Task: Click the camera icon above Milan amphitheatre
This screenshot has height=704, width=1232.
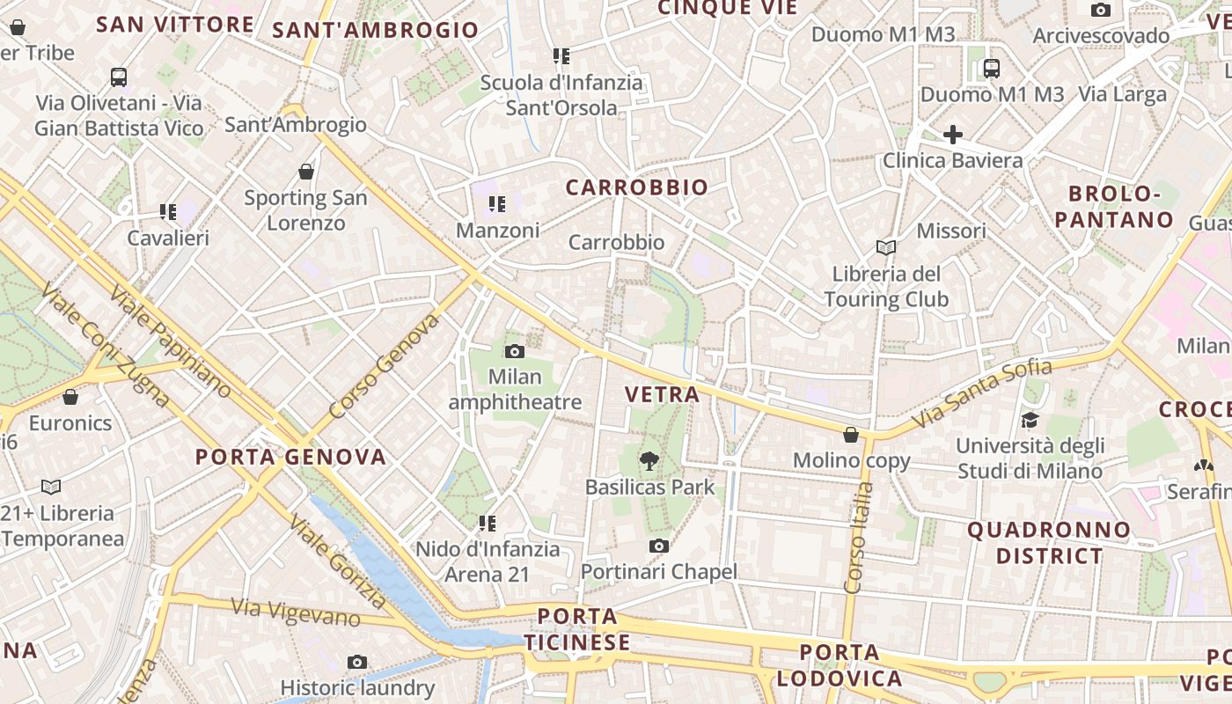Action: point(515,352)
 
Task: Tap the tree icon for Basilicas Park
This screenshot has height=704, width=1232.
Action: point(649,460)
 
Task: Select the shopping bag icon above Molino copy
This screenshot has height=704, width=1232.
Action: point(851,434)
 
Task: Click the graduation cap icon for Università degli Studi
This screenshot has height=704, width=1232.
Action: point(1030,420)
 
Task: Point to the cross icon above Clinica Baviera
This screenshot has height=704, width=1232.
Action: point(952,135)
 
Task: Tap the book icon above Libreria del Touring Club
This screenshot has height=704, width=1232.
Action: point(885,248)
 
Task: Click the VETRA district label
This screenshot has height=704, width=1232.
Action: point(662,394)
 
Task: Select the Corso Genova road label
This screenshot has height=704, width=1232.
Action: point(384,366)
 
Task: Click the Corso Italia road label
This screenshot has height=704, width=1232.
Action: point(858,537)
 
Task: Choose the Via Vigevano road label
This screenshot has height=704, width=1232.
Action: point(296,612)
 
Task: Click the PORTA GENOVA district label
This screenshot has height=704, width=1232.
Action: point(290,457)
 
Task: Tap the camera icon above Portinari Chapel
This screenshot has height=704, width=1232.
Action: point(658,546)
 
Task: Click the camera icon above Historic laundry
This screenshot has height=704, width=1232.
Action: point(356,662)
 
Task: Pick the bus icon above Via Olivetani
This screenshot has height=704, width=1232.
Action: point(119,77)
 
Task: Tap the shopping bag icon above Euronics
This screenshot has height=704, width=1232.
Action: point(70,397)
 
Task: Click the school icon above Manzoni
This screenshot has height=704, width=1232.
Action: point(497,205)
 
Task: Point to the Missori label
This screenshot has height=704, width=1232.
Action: point(950,231)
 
